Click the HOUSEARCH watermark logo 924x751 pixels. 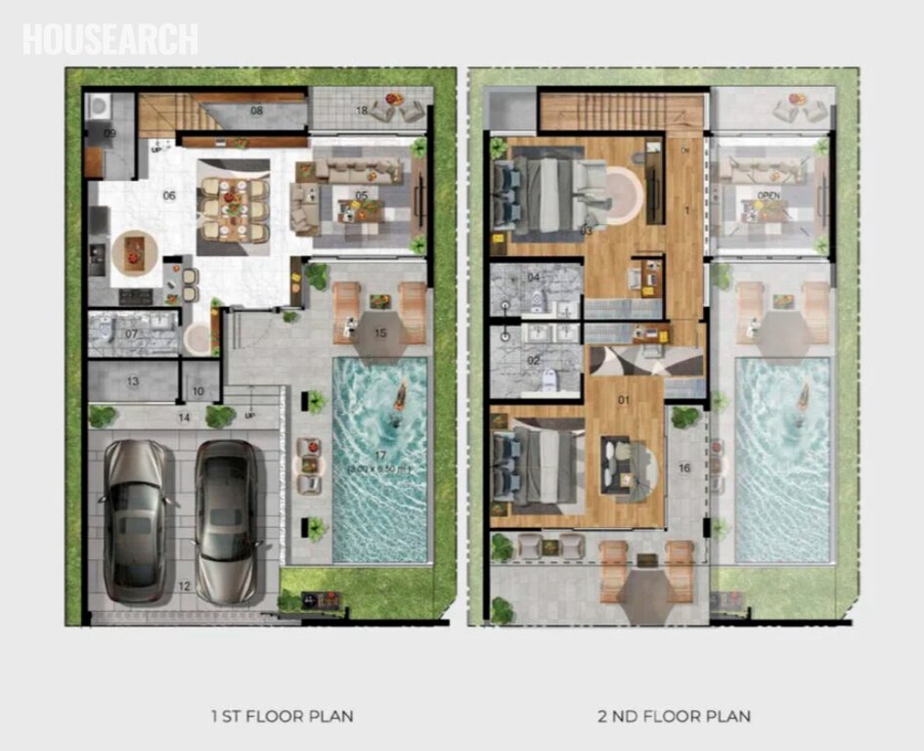pyautogui.click(x=110, y=39)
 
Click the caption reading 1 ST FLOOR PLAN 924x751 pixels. pyautogui.click(x=282, y=716)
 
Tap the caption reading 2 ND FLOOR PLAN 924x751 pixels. pyautogui.click(x=674, y=716)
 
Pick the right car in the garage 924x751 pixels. pyautogui.click(x=227, y=519)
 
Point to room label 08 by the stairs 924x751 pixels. pyautogui.click(x=257, y=110)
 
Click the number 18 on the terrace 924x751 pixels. pyautogui.click(x=361, y=110)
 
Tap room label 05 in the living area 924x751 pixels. pyautogui.click(x=362, y=196)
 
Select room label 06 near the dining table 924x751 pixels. pyautogui.click(x=169, y=196)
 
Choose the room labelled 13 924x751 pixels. pyautogui.click(x=131, y=381)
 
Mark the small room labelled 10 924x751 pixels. pyautogui.click(x=198, y=391)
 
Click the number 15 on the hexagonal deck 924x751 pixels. pyautogui.click(x=380, y=333)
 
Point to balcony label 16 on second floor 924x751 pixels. pyautogui.click(x=684, y=468)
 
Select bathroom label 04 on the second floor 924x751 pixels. pyautogui.click(x=534, y=278)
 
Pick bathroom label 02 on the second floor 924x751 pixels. pyautogui.click(x=534, y=360)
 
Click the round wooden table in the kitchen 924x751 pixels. pyautogui.click(x=132, y=250)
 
